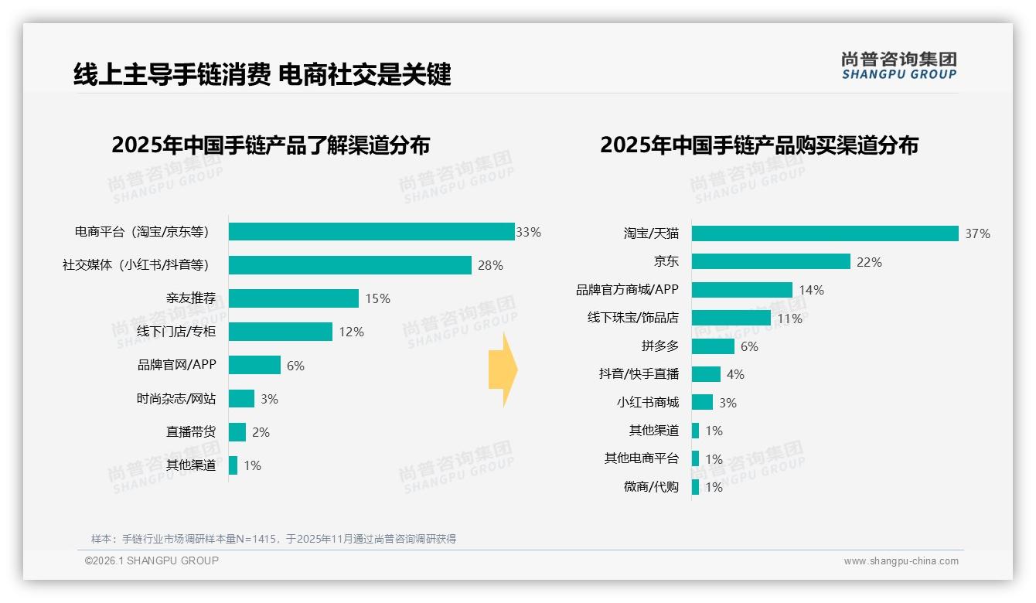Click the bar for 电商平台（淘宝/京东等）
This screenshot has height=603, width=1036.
[371, 232]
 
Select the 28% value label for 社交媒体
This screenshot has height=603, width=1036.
[490, 265]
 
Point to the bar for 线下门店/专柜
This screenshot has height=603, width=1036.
[280, 332]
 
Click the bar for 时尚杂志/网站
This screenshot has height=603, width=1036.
[241, 399]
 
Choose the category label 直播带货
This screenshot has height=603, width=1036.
[190, 432]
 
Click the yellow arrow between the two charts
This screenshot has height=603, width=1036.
[503, 370]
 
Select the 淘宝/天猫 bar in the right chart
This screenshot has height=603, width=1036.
[824, 233]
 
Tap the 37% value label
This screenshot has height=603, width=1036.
[977, 233]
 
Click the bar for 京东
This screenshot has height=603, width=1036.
[770, 261]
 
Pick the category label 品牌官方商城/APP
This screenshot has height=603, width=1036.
[627, 290]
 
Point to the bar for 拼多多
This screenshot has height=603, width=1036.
[712, 346]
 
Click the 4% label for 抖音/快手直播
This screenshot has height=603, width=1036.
[735, 374]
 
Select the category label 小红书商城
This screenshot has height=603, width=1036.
[647, 402]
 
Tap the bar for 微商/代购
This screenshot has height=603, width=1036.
[695, 487]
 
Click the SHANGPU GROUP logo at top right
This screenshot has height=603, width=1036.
[898, 65]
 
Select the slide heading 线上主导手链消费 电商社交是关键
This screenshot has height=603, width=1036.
[262, 74]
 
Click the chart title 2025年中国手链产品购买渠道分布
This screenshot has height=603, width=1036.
[758, 145]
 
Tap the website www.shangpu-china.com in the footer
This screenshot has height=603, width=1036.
[901, 561]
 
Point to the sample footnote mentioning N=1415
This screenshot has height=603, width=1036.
[274, 539]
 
